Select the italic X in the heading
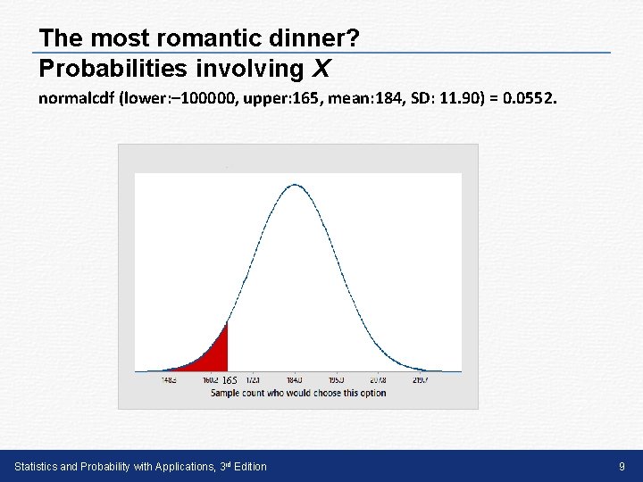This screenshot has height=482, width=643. point(321,68)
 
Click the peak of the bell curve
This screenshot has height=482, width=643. point(295,185)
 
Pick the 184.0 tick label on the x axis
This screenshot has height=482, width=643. point(295,380)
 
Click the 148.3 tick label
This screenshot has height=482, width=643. point(169,380)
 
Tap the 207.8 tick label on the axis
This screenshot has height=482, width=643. point(378,380)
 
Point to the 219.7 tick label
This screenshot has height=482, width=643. point(421,380)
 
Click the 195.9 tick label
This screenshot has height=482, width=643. point(336,380)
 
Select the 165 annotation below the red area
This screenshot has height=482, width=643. point(230,381)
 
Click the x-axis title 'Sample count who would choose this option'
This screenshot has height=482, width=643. point(298,393)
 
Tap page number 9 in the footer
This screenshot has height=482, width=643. point(622,467)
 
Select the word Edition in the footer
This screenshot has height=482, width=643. point(246,467)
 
